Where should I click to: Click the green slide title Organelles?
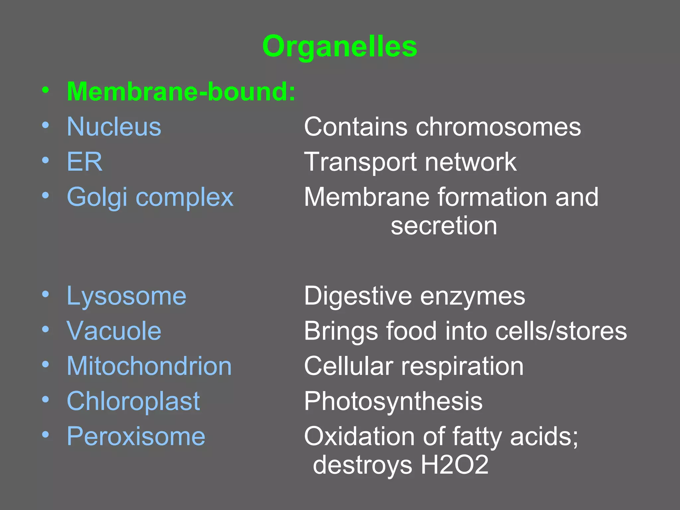tap(339, 46)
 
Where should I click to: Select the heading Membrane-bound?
tap(181, 91)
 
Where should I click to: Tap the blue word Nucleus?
tap(114, 127)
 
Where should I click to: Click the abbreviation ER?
tap(85, 162)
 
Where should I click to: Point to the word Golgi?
tap(97, 197)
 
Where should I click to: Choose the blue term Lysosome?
tap(127, 296)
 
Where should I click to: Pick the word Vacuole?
tap(114, 331)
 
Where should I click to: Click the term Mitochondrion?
tap(149, 366)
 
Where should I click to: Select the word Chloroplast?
tap(133, 401)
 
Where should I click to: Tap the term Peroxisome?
tap(136, 436)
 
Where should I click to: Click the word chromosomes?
tap(498, 127)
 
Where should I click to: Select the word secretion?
tap(444, 226)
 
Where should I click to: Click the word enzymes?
tap(472, 296)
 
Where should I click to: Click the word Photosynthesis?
tap(393, 401)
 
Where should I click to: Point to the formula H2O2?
tap(455, 465)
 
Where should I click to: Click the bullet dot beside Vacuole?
tap(45, 329)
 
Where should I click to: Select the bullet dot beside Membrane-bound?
tap(45, 90)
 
